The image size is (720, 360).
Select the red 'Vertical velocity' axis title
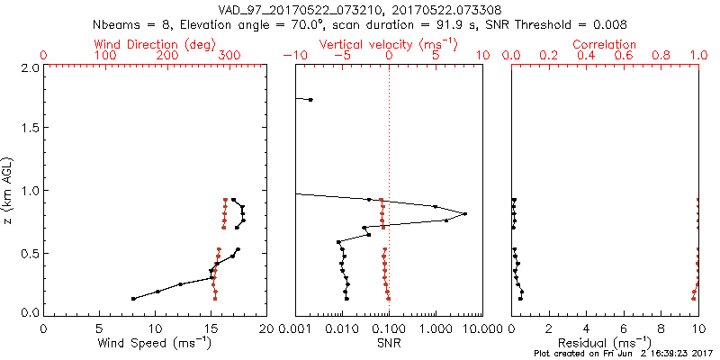[389, 44]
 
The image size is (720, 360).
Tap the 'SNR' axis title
[389, 343]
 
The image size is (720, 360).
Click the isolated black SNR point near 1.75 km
[310, 99]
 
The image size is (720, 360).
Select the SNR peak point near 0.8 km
[465, 213]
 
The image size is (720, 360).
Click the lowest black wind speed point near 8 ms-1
[133, 298]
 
